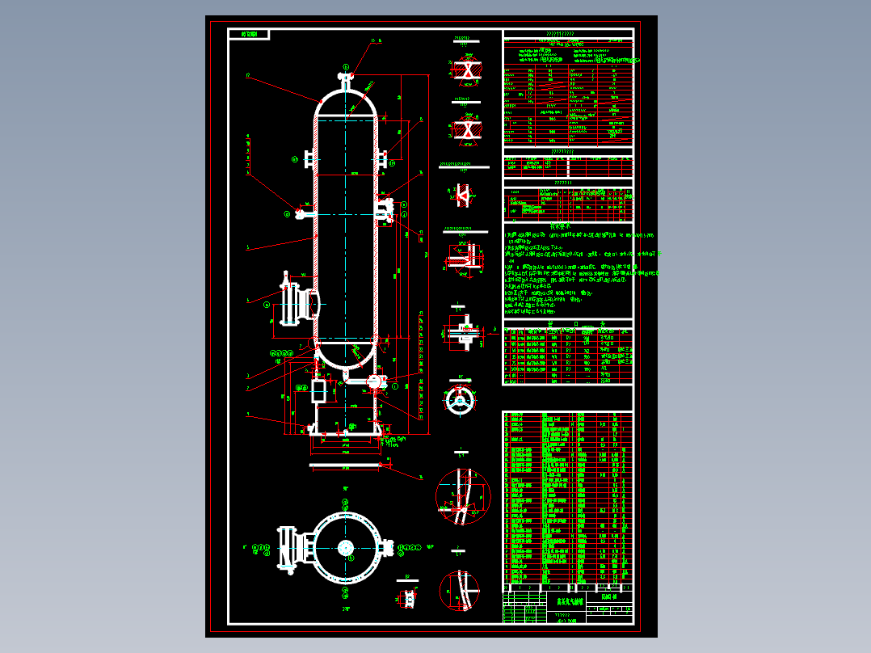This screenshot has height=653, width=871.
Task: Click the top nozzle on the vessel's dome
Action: pos(346,79)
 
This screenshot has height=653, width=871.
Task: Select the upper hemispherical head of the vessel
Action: pos(346,100)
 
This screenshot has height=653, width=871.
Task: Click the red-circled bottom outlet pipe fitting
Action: pos(374,381)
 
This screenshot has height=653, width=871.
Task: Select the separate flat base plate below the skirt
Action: pos(346,465)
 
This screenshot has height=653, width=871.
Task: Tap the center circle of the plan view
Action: pos(346,547)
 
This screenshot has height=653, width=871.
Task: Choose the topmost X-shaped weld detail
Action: pos(465,70)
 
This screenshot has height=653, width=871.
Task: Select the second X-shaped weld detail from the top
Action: pos(465,128)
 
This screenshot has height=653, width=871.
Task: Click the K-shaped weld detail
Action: pos(463,194)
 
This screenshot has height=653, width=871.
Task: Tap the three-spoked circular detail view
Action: pos(461,400)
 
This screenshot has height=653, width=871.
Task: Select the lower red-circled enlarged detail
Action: pos(459,591)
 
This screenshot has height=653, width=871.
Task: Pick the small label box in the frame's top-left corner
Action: pos(249,34)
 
